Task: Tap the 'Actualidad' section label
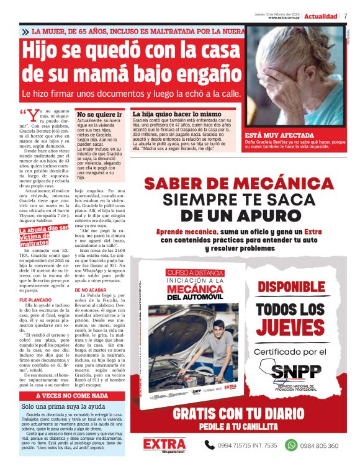(320, 16)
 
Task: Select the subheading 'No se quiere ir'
(99, 114)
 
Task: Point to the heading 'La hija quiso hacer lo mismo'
(176, 114)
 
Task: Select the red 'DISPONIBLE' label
(300, 287)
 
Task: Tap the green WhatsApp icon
(290, 445)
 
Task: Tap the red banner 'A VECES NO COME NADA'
(72, 395)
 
